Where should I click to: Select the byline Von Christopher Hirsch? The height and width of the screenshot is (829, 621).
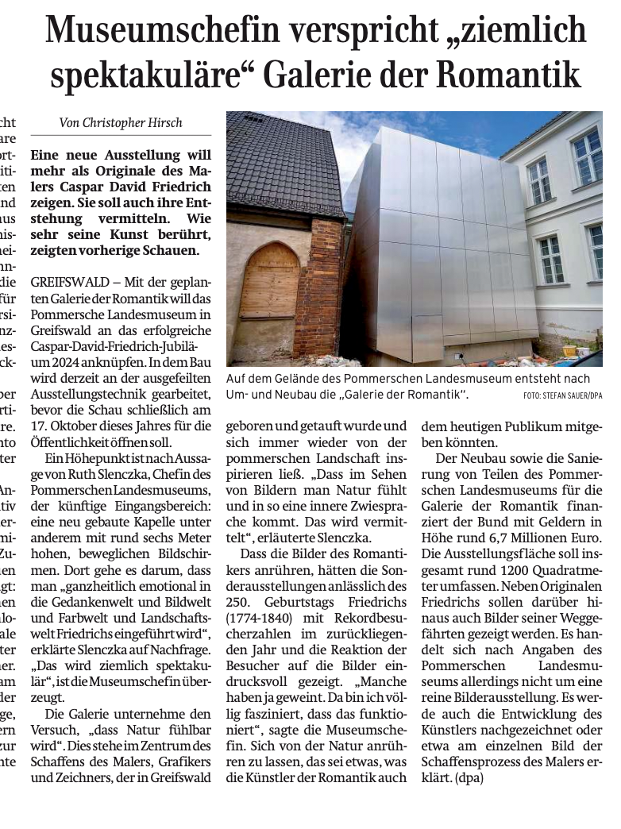(121, 122)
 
